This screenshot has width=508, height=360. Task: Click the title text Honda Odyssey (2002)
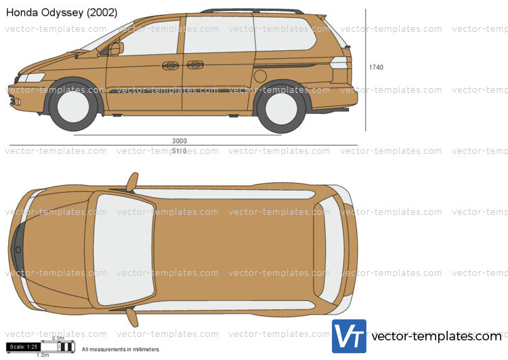[62, 12]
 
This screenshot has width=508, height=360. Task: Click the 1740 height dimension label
[376, 67]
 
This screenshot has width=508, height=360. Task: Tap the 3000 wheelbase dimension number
[179, 141]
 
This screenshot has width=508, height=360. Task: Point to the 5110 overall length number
[179, 150]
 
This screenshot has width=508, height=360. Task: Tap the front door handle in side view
[170, 66]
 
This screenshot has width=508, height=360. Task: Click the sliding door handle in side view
[195, 65]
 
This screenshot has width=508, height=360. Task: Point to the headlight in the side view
[32, 77]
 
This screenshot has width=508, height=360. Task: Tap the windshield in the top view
[123, 248]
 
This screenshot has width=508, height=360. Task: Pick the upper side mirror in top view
[132, 181]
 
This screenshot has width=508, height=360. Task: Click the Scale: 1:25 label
[24, 347]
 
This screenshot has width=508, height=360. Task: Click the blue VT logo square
[349, 336]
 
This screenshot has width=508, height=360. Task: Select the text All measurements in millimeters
[121, 350]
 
